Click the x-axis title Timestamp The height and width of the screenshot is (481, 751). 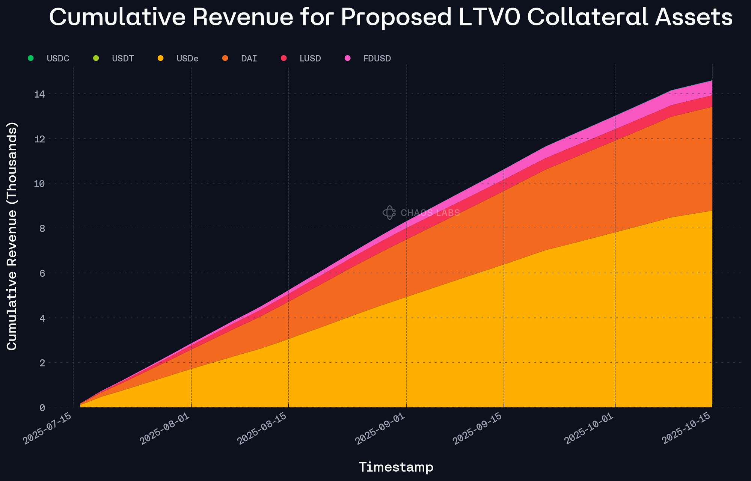click(396, 467)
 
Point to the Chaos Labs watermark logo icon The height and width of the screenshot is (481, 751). click(389, 213)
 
